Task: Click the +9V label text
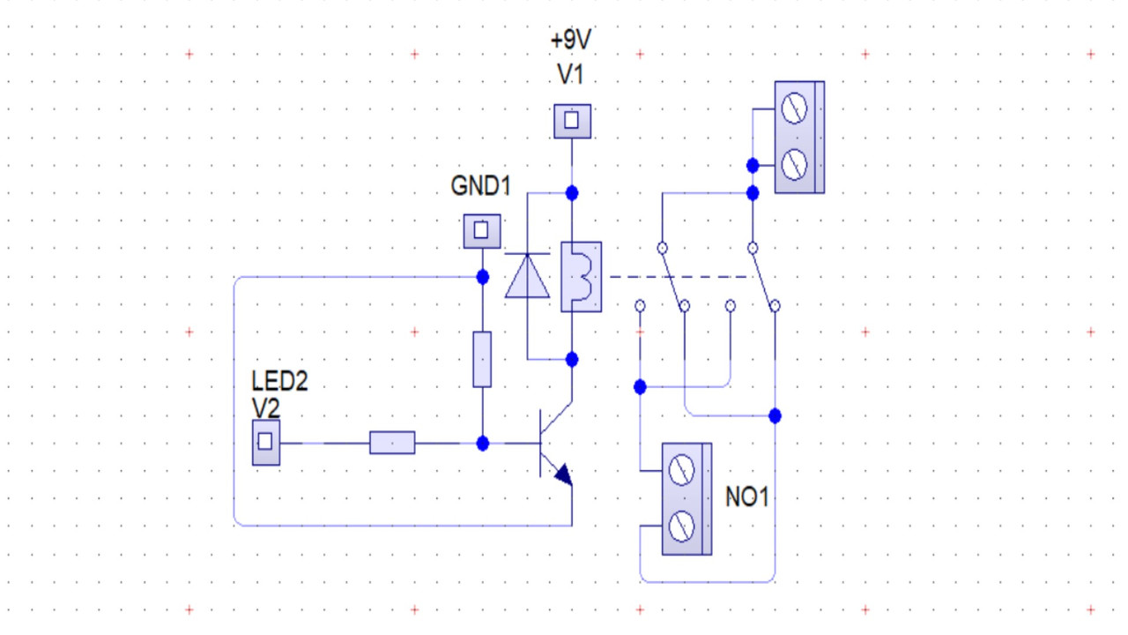click(570, 41)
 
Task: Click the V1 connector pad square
click(572, 120)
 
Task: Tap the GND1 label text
click(480, 186)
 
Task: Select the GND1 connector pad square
click(481, 231)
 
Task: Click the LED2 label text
click(279, 382)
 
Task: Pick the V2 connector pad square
click(266, 443)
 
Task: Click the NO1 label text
click(747, 497)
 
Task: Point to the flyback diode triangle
click(527, 275)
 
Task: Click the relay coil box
click(581, 277)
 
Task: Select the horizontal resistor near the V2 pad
click(392, 443)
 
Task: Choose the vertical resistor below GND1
click(482, 359)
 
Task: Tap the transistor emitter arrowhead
click(562, 476)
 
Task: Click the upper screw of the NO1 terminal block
click(680, 470)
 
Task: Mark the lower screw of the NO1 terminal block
click(680, 527)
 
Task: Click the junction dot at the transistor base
click(482, 443)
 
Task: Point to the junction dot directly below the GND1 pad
click(482, 277)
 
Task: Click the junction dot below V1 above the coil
click(572, 193)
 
